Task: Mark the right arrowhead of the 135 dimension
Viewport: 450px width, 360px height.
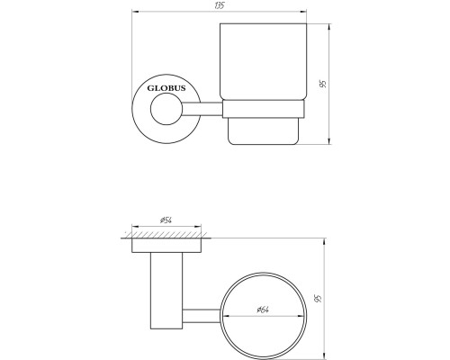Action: click(x=305, y=13)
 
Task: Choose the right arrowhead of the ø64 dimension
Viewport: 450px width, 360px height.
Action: click(x=306, y=316)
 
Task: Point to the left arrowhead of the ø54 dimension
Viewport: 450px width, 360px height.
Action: click(x=133, y=225)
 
